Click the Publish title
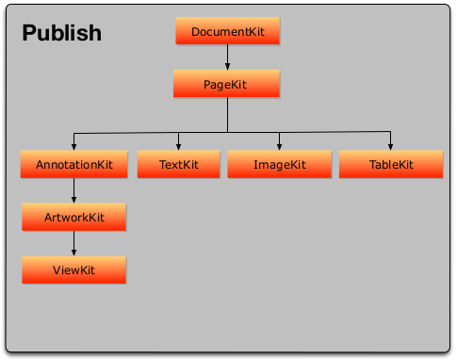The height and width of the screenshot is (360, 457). pyautogui.click(x=61, y=34)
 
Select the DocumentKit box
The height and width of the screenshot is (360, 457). pyautogui.click(x=227, y=32)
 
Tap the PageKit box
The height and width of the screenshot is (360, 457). pyautogui.click(x=227, y=85)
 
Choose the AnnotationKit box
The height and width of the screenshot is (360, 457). pyautogui.click(x=73, y=165)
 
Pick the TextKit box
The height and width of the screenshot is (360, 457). pyautogui.click(x=178, y=165)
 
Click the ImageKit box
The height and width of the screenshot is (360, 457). pyautogui.click(x=280, y=165)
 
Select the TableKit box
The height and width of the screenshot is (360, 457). pyautogui.click(x=390, y=165)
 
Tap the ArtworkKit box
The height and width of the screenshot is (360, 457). pyautogui.click(x=73, y=218)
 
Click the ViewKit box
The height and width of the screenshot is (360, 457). pyautogui.click(x=73, y=270)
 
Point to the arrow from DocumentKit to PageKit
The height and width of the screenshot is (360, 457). pyautogui.click(x=227, y=58)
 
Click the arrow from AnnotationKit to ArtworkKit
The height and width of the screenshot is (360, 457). pyautogui.click(x=73, y=191)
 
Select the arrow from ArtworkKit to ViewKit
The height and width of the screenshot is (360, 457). pyautogui.click(x=73, y=244)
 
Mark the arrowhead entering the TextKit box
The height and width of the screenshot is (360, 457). pyautogui.click(x=178, y=146)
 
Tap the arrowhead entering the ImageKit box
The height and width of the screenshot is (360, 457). pyautogui.click(x=280, y=146)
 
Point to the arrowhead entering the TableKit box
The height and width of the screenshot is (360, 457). pyautogui.click(x=390, y=146)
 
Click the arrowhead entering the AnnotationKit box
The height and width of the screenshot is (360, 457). pyautogui.click(x=73, y=146)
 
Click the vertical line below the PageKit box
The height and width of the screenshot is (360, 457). pyautogui.click(x=227, y=114)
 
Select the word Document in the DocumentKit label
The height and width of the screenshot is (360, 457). pyautogui.click(x=218, y=33)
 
